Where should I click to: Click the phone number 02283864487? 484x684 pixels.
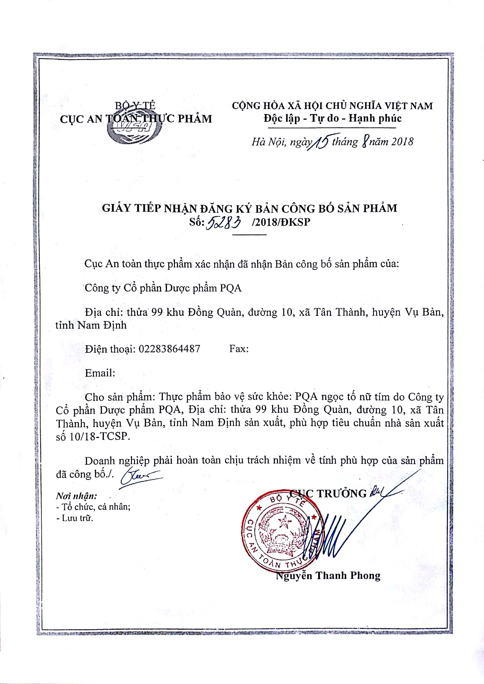169,349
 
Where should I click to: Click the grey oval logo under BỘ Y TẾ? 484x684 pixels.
134,131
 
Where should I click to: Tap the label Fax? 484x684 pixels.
239,349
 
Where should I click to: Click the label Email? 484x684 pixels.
100,373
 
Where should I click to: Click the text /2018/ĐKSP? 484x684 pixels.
281,222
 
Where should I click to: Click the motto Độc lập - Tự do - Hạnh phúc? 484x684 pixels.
332,118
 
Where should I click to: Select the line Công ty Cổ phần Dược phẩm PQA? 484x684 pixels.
163,288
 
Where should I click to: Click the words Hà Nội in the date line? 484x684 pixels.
268,142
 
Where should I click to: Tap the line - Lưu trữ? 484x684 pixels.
75,518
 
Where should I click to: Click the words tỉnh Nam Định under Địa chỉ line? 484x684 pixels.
91,325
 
